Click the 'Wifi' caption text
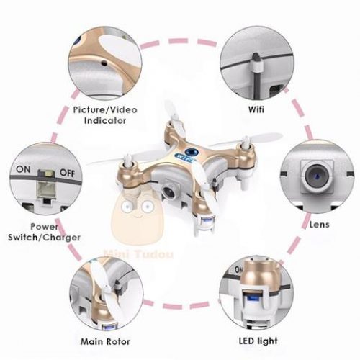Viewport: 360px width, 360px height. pyautogui.click(x=256, y=109)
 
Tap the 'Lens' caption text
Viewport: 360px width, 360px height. pyautogui.click(x=319, y=225)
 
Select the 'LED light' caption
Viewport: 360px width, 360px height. pyautogui.click(x=258, y=341)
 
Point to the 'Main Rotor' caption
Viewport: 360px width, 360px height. pyautogui.click(x=105, y=341)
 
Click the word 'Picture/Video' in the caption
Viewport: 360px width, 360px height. pyautogui.click(x=105, y=110)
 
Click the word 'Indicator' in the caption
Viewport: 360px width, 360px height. pyautogui.click(x=105, y=120)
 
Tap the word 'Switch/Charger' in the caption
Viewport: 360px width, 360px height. pyautogui.click(x=44, y=238)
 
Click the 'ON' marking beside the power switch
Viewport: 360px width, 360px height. pyautogui.click(x=23, y=169)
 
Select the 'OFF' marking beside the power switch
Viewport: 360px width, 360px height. pyautogui.click(x=67, y=173)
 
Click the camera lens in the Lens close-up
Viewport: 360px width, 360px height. pyautogui.click(x=317, y=176)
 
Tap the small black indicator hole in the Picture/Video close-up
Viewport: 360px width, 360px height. pyautogui.click(x=104, y=63)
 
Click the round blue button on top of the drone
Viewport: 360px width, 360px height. pyautogui.click(x=192, y=151)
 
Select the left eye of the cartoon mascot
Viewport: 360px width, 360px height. pyautogui.click(x=126, y=206)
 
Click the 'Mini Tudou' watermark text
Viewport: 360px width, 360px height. pyautogui.click(x=138, y=254)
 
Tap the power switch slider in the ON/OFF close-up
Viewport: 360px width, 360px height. pyautogui.click(x=46, y=185)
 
